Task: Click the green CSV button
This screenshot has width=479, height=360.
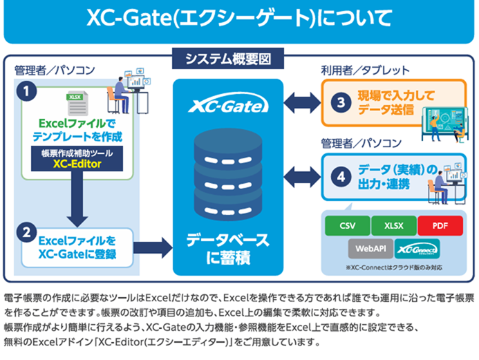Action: [345, 226]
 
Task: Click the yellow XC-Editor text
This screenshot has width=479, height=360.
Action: [77, 165]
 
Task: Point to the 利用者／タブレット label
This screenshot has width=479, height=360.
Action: [365, 70]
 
